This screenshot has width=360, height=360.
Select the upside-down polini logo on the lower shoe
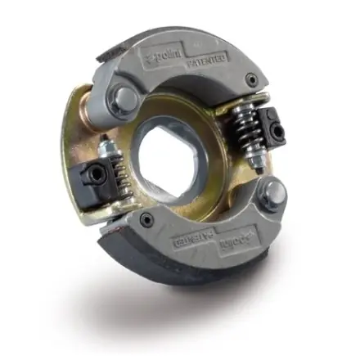click(x=232, y=245)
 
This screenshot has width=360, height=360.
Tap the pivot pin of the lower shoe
click(x=274, y=194)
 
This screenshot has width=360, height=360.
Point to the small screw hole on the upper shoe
click(x=250, y=79)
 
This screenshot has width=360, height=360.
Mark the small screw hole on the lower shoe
click(x=145, y=218)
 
